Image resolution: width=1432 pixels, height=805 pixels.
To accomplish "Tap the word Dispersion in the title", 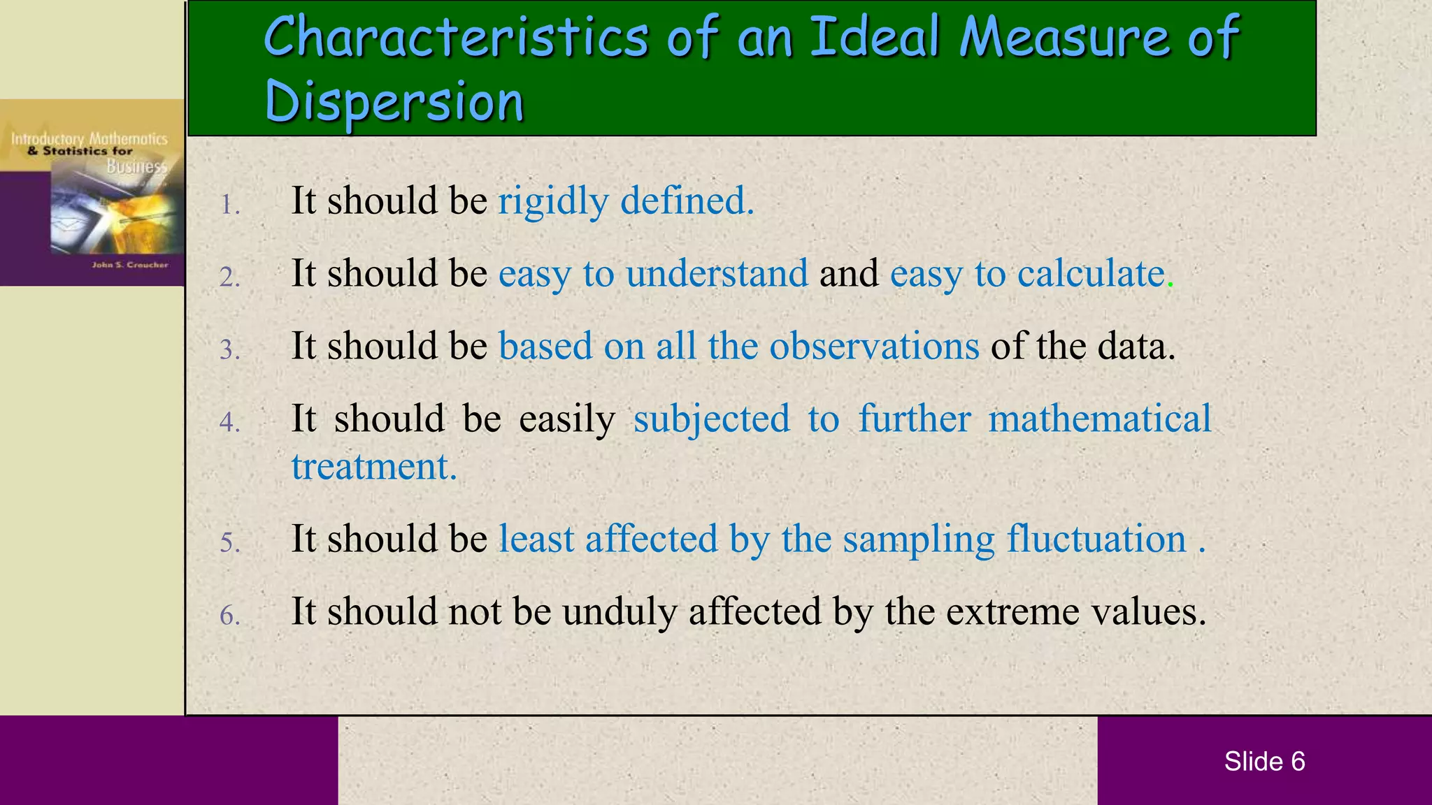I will (x=394, y=102).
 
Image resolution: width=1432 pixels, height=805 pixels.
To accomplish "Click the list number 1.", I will (x=229, y=205).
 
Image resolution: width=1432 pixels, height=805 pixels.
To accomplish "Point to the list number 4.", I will (x=229, y=422).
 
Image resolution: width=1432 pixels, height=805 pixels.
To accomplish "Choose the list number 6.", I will (x=229, y=616).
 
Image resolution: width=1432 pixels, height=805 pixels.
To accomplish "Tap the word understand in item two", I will (x=717, y=273).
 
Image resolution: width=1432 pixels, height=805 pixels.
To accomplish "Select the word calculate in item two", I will (x=1090, y=273).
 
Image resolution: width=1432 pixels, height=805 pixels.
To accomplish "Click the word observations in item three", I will (x=874, y=346).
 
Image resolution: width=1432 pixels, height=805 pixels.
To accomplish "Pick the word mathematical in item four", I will (x=1100, y=419).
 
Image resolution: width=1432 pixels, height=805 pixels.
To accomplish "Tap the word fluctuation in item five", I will (x=1096, y=539).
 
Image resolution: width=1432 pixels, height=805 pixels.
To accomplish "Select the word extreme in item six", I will (x=1009, y=612).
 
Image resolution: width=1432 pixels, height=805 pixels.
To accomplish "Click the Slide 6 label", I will (x=1264, y=762).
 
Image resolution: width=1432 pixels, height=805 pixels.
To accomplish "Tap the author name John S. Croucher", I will (x=130, y=266).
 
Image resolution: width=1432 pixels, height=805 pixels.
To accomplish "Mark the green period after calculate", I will (x=1170, y=285).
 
